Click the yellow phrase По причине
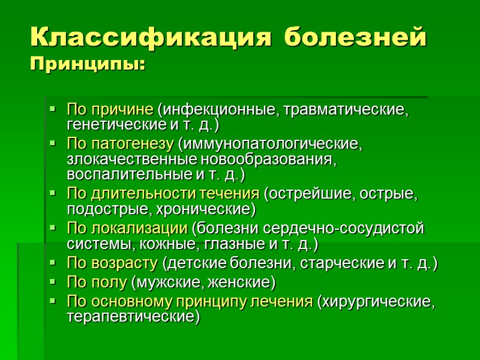coord(110,110)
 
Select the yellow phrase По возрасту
coord(112,263)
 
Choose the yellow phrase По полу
coord(97,282)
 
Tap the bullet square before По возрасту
coord(53,263)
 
